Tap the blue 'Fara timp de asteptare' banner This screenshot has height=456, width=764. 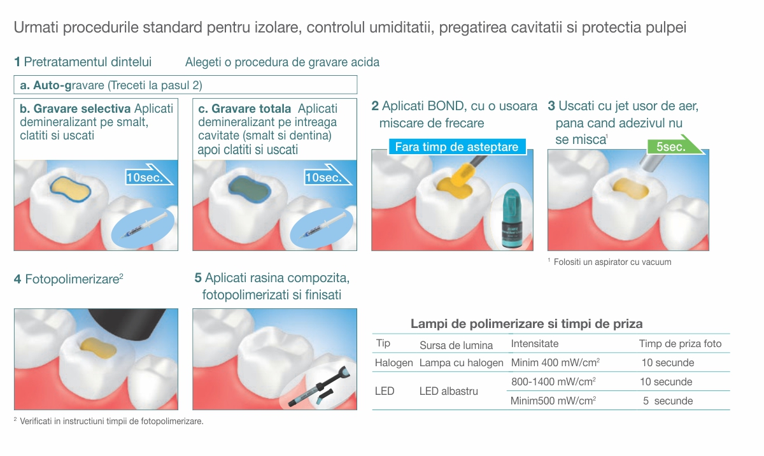click(456, 147)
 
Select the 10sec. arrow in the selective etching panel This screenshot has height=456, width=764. click(148, 175)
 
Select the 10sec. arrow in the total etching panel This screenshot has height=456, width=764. click(327, 175)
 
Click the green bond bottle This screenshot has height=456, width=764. click(512, 218)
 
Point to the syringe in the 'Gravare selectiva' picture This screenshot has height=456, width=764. click(143, 225)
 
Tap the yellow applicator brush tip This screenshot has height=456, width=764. click(462, 175)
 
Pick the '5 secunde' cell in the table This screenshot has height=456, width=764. click(668, 401)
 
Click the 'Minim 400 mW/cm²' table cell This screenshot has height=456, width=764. click(555, 362)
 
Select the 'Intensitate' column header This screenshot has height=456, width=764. click(534, 343)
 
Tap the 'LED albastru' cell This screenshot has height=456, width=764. click(448, 391)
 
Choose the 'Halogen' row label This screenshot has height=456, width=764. click(393, 362)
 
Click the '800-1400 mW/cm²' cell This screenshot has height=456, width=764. click(553, 381)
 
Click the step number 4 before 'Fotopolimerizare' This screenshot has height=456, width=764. click(17, 279)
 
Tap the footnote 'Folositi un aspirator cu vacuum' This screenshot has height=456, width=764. click(612, 262)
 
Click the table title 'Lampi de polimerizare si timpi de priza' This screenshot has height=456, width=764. click(527, 324)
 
